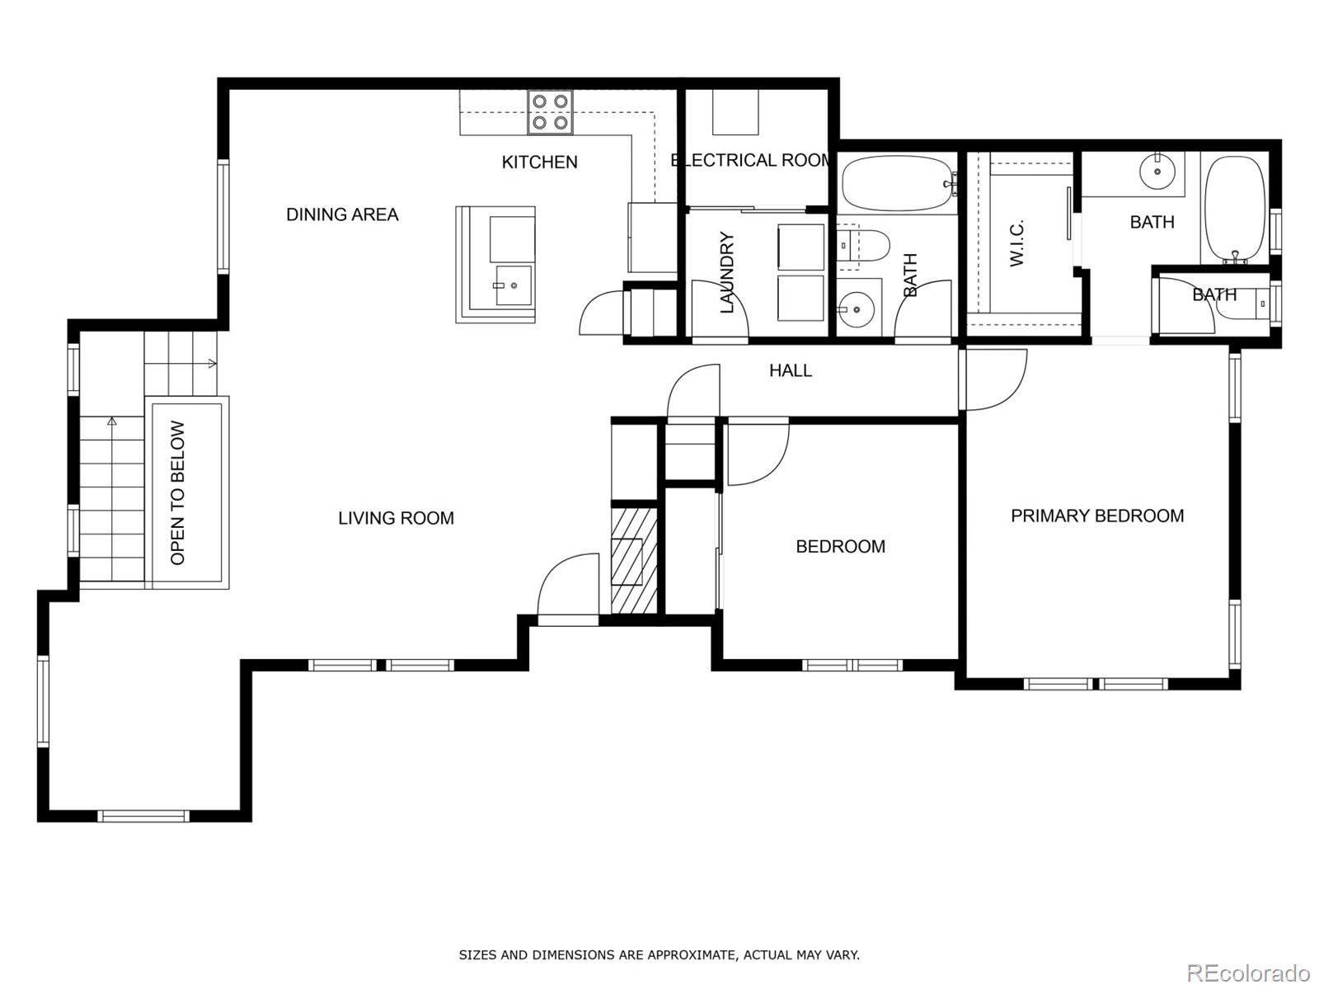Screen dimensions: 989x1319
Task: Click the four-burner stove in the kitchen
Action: [551, 112]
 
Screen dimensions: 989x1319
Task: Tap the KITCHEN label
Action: [539, 162]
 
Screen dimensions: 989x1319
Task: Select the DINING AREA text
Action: [342, 214]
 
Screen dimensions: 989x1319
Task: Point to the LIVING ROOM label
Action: [396, 518]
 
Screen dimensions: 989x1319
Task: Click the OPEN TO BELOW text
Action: [178, 493]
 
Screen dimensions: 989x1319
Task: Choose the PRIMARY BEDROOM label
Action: [1097, 516]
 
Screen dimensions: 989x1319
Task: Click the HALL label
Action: [790, 371]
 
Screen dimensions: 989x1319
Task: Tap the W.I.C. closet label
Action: [1016, 243]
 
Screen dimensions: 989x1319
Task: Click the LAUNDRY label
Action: [727, 272]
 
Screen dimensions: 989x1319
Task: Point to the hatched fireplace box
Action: [634, 561]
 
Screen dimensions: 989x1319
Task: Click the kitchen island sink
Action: [514, 285]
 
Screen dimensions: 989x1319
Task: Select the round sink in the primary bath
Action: [1157, 172]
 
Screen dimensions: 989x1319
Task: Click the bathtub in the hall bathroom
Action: [895, 183]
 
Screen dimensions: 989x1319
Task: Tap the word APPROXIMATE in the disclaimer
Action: [690, 955]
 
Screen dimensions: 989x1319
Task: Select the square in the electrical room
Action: [735, 112]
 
